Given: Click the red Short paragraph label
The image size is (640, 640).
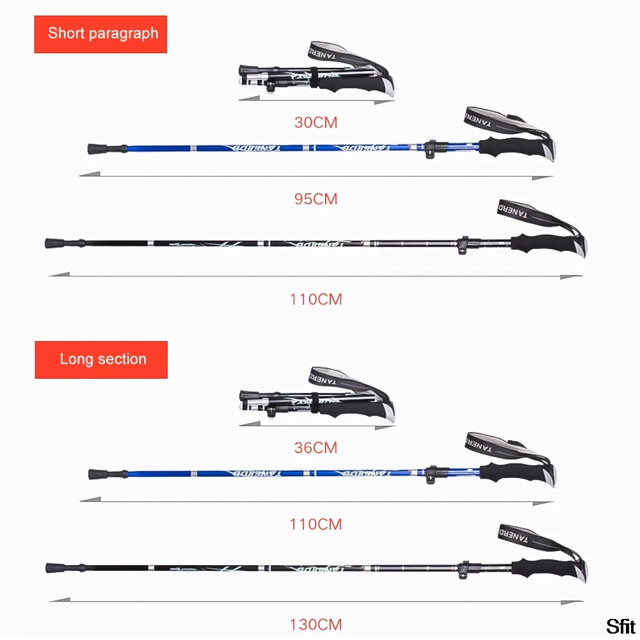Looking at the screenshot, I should pos(100,34).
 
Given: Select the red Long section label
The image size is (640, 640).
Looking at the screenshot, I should pos(101,359).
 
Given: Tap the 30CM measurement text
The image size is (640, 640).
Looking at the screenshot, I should pos(316,122).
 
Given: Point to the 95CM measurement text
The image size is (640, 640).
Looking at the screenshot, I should pos(316,199).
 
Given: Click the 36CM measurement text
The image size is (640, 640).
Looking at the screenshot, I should pos(316,447).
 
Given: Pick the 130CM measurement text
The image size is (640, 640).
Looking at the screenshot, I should pos(316,624).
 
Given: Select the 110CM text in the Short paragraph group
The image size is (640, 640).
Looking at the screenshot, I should pos(316,299).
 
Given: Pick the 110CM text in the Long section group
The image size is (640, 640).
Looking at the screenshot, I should pos(316,524).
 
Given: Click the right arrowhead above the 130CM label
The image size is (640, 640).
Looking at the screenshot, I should pos(573,601).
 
